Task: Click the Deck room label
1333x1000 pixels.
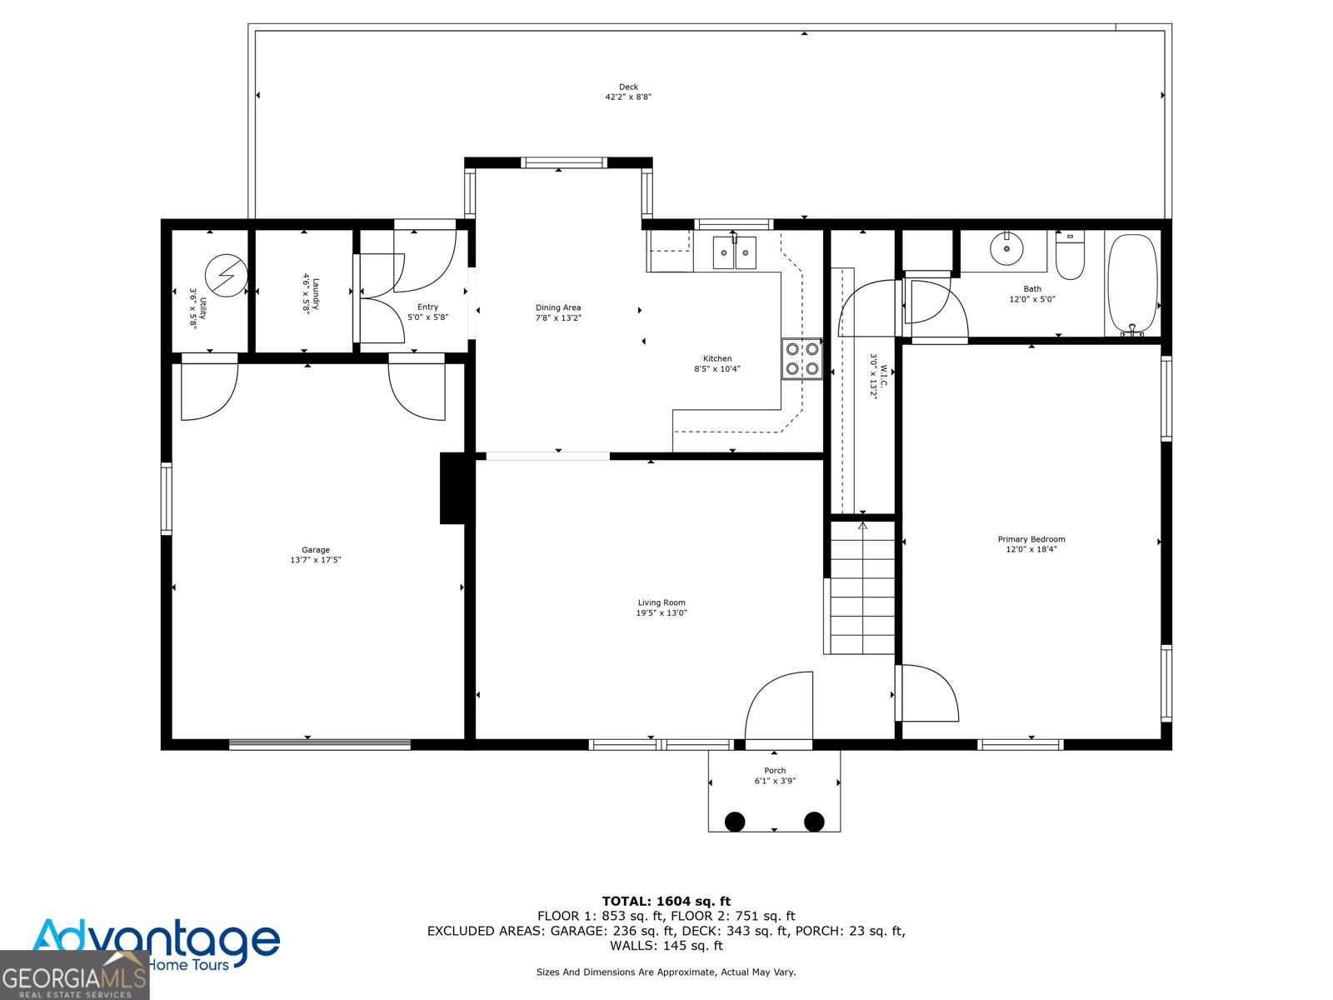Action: (628, 87)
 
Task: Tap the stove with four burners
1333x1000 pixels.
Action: (801, 359)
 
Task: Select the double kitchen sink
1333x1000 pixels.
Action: (734, 252)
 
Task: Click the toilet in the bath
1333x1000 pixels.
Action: (1070, 255)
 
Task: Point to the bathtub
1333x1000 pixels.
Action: (1132, 284)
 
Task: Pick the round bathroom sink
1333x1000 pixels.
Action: (1006, 247)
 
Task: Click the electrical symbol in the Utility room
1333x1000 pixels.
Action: (226, 275)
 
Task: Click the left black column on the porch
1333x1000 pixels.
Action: (735, 822)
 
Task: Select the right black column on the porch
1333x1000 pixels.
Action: (814, 822)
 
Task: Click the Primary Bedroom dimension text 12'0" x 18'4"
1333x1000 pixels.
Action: (1031, 549)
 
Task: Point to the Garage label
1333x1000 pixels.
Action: (316, 549)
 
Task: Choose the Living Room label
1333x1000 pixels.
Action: (662, 602)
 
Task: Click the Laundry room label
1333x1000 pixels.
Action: (316, 294)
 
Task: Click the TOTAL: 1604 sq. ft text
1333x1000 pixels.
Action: (666, 901)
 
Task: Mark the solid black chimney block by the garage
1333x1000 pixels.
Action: (454, 488)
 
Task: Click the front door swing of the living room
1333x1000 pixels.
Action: (778, 706)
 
